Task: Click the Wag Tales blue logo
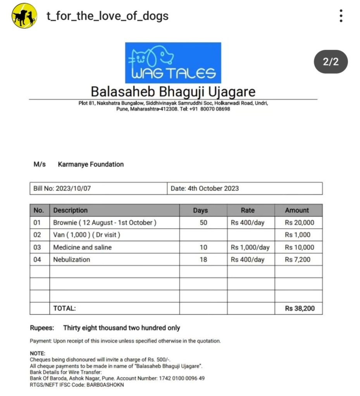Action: click(x=173, y=63)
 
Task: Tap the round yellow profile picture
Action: click(x=24, y=16)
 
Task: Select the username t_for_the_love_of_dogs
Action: click(x=107, y=16)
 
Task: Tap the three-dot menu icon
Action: click(x=341, y=16)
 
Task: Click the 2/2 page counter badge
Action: click(x=330, y=62)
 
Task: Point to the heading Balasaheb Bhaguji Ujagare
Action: click(x=173, y=92)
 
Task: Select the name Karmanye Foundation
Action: click(x=91, y=164)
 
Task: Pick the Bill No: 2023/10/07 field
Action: click(x=62, y=189)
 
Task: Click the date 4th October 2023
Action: click(x=213, y=189)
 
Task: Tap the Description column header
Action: click(x=71, y=210)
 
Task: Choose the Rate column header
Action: click(x=248, y=210)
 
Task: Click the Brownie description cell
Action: click(x=105, y=223)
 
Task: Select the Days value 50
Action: click(x=203, y=223)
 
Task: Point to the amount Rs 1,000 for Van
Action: click(x=298, y=235)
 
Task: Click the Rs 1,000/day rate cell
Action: click(x=250, y=247)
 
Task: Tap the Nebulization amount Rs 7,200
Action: click(x=298, y=259)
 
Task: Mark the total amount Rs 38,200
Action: click(x=300, y=309)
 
